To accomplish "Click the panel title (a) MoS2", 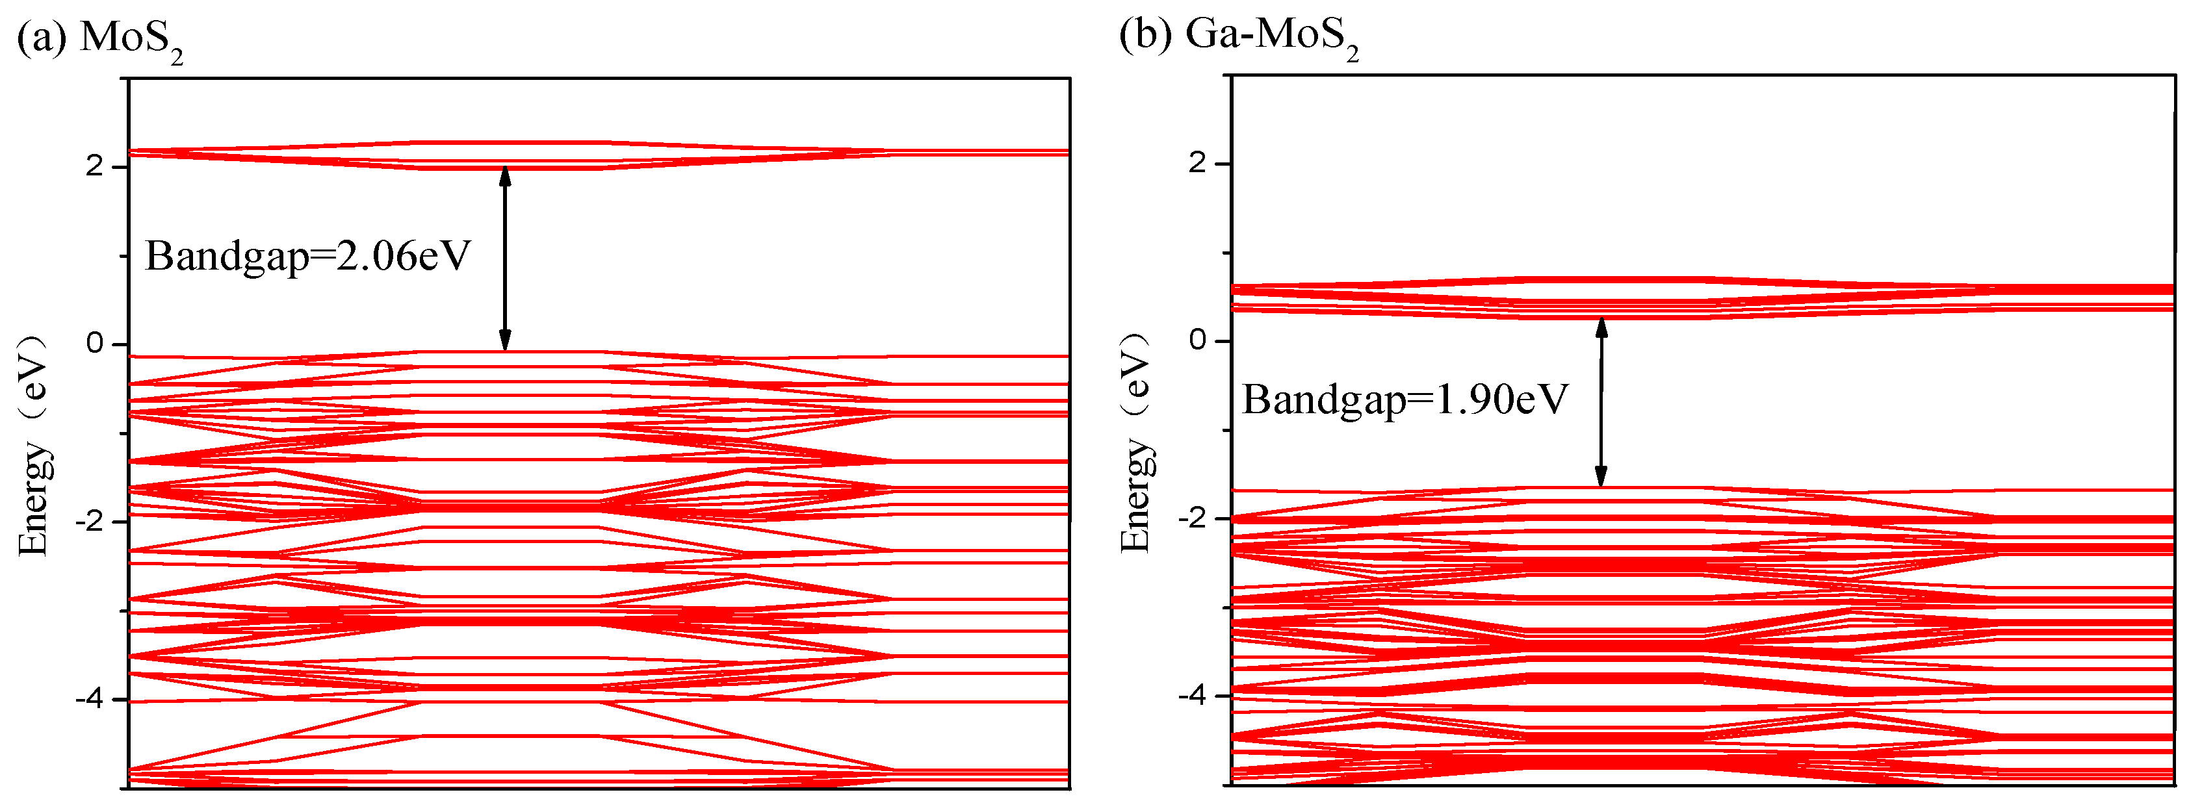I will coord(100,38).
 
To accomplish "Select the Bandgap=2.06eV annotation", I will coord(307,256).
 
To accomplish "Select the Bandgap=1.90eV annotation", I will coord(1405,400).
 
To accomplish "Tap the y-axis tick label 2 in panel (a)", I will coord(94,166).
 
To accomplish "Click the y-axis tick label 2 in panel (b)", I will coord(1197,162).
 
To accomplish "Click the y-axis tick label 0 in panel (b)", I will coord(1197,340).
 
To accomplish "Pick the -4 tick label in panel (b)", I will coord(1191,696).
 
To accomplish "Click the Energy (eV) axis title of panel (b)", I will coord(1135,442).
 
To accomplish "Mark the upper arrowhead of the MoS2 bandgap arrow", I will coord(505,175).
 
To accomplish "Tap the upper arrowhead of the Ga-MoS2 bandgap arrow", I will coord(1601,327).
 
